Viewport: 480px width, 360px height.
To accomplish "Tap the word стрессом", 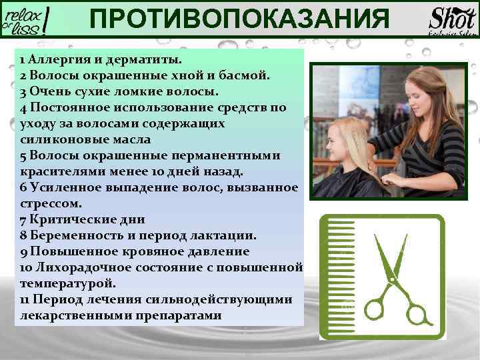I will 51,203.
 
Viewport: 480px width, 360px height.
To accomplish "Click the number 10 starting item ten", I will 26,267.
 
